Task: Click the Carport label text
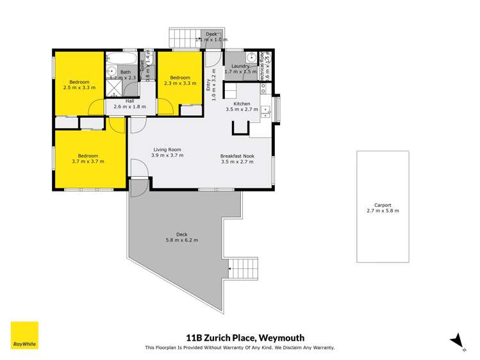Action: point(383,206)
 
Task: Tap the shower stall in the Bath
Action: point(113,88)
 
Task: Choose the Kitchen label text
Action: point(241,104)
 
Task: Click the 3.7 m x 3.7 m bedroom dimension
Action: point(88,161)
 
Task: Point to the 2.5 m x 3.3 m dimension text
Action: point(79,88)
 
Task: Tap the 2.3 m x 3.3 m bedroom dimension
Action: point(179,83)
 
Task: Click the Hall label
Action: point(129,101)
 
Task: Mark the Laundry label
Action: point(240,66)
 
